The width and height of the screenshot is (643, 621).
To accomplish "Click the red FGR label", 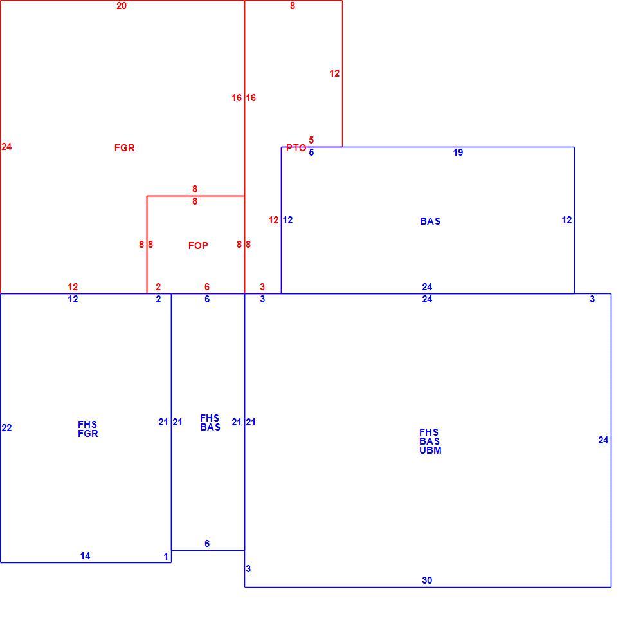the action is [124, 148].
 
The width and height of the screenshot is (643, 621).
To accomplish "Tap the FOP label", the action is [198, 245].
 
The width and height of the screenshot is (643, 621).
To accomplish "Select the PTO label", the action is [296, 148].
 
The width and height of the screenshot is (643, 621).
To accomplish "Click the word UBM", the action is [430, 450].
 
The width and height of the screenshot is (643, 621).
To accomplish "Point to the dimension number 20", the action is [122, 6].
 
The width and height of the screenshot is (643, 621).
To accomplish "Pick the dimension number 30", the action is [427, 580].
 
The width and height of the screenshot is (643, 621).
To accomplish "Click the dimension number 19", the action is [458, 153].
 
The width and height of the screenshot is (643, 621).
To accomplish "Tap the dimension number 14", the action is [85, 556].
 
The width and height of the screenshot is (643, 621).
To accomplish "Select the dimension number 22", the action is [6, 428].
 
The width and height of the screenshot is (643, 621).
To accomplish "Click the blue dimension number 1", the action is [166, 557].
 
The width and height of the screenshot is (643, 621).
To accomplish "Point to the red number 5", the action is [311, 140].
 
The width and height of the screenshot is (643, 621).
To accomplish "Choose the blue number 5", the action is [311, 153].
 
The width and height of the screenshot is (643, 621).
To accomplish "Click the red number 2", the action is [158, 287].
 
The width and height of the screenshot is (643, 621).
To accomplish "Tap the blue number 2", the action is [158, 299].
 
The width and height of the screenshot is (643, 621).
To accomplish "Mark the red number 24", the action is [6, 147].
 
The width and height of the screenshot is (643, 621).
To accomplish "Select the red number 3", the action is [262, 287].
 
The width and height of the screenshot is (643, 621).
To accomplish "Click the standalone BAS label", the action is [430, 221].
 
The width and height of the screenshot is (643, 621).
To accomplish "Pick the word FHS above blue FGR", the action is [87, 424].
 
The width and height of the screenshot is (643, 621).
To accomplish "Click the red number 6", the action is [207, 287].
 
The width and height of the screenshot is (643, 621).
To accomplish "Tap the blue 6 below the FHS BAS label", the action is [207, 544].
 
